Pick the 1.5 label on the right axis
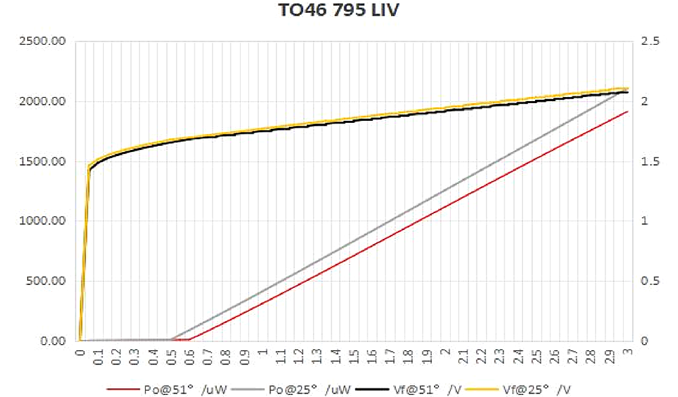click(648, 162)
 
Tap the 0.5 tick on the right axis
click(648, 281)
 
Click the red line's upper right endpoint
click(628, 111)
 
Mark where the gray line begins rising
click(172, 339)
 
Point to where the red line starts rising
click(190, 339)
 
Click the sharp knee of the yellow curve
click(89, 165)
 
